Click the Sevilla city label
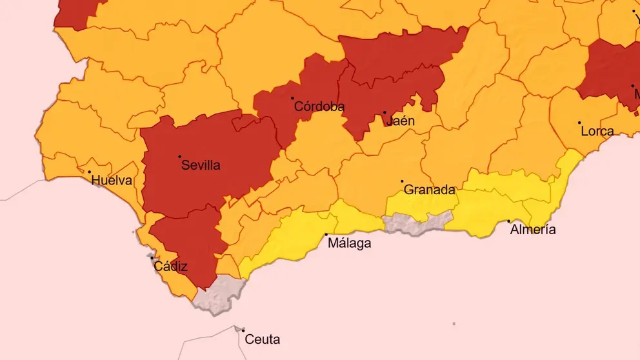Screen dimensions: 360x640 tap(201, 165)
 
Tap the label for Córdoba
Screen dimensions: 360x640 tap(319, 107)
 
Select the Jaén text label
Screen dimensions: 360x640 tap(400, 121)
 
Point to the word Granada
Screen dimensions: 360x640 tap(429, 190)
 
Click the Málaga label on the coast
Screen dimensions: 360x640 tap(349, 243)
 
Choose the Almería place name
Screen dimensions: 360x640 tap(532, 230)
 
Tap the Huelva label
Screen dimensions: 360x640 tap(112, 181)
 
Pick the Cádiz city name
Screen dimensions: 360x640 tap(170, 266)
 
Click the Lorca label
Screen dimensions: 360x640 tap(597, 132)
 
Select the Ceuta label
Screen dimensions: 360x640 tap(263, 339)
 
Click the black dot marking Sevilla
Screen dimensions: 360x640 tap(180, 156)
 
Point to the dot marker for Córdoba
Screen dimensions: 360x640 tap(292, 98)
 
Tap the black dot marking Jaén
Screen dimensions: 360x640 tap(385, 112)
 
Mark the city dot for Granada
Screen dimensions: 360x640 tap(402, 181)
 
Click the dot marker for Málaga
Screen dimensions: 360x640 tap(326, 234)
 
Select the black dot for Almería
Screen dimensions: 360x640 tap(509, 221)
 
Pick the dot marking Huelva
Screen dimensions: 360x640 tap(89, 172)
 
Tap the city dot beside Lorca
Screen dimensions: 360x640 tap(579, 123)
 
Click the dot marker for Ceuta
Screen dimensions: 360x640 tap(243, 330)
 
